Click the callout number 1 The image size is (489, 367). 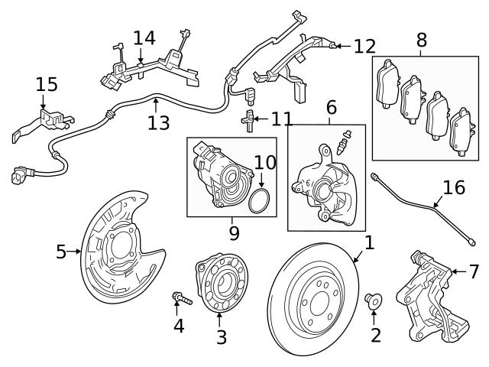coord(369,243)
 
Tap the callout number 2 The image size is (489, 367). coord(375,334)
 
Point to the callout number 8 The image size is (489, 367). coord(421,41)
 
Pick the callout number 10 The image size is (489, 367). coord(264,162)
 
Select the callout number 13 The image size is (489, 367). coord(159,122)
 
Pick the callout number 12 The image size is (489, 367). coord(364,47)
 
